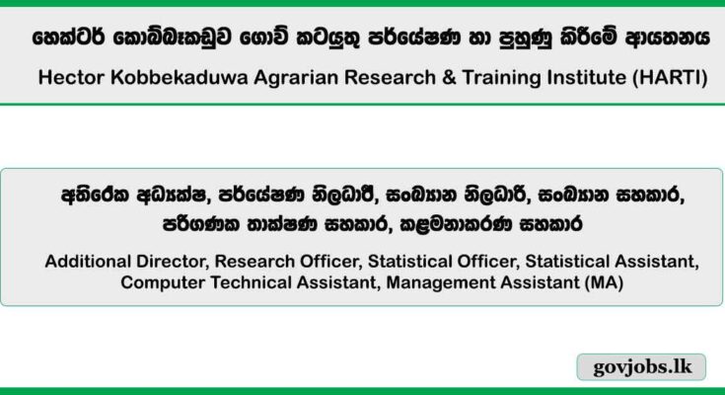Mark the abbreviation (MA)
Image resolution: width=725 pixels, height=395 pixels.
coord(603,282)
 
